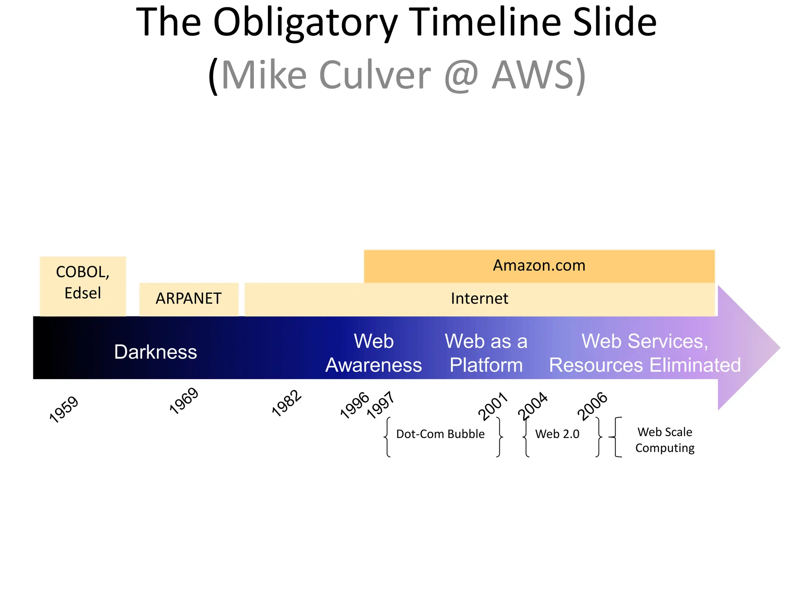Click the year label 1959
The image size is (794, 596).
coord(64,409)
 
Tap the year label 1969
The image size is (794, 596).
coord(184,401)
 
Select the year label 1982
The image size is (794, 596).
coord(287,403)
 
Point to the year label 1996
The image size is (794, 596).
coord(354,405)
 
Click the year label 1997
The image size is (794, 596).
coord(381,405)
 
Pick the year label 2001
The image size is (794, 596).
coord(493,406)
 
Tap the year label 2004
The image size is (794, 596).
coord(533,406)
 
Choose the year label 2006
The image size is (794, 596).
coord(592,406)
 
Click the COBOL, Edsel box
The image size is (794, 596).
coord(83,282)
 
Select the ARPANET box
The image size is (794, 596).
coord(189,299)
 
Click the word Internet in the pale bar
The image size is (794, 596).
coord(480,299)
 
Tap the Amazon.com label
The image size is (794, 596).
coord(539,266)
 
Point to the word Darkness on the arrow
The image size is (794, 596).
coord(155,352)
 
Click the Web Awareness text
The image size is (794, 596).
coord(374,353)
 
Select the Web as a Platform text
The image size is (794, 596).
coord(486,353)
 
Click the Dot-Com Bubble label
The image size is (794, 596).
coord(440,434)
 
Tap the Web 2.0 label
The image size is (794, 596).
coord(557,434)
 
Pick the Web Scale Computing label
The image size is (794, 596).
coord(665,440)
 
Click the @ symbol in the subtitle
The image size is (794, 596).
coord(461,74)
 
